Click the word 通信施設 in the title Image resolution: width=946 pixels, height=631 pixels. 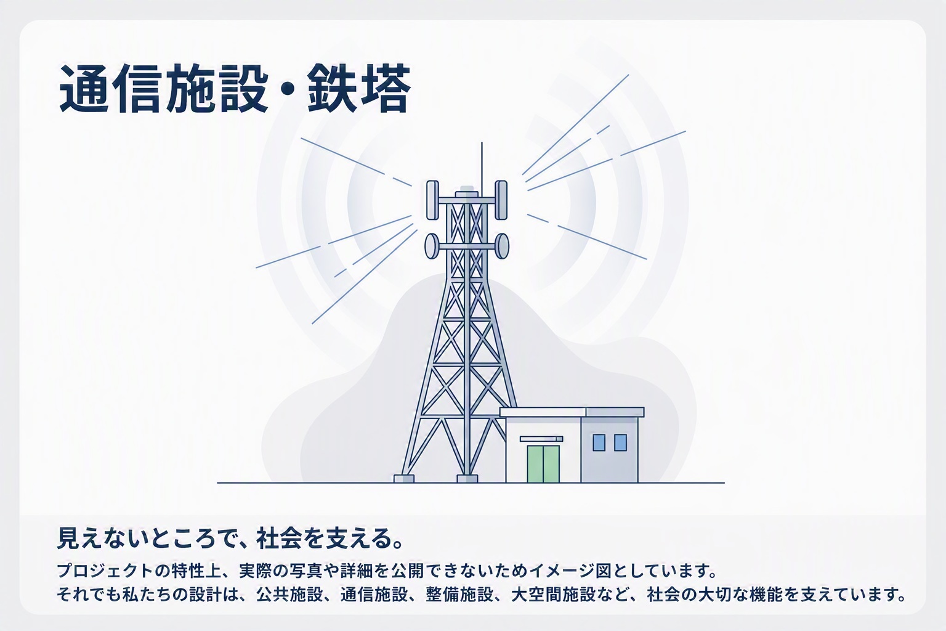coord(163,89)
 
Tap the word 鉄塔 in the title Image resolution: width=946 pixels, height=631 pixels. coord(359,89)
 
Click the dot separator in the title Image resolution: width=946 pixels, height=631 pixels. coord(288,89)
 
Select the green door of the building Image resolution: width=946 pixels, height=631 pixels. coord(543,463)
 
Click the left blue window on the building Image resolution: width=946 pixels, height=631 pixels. coord(599,442)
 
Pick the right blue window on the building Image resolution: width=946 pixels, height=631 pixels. coord(620,442)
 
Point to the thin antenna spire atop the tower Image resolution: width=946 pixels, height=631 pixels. coord(482,166)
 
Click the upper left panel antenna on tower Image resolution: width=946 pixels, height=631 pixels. coord(432,200)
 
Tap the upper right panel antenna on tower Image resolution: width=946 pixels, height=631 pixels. coord(501,200)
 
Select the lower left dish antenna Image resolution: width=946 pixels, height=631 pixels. coord(432,246)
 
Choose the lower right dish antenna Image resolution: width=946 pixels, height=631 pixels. coord(502,246)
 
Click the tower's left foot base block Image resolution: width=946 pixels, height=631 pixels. coord(404,478)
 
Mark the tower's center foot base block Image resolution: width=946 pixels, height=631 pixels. coord(467,478)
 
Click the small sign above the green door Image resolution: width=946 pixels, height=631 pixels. coord(541,439)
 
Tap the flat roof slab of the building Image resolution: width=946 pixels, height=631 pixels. coord(572,412)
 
